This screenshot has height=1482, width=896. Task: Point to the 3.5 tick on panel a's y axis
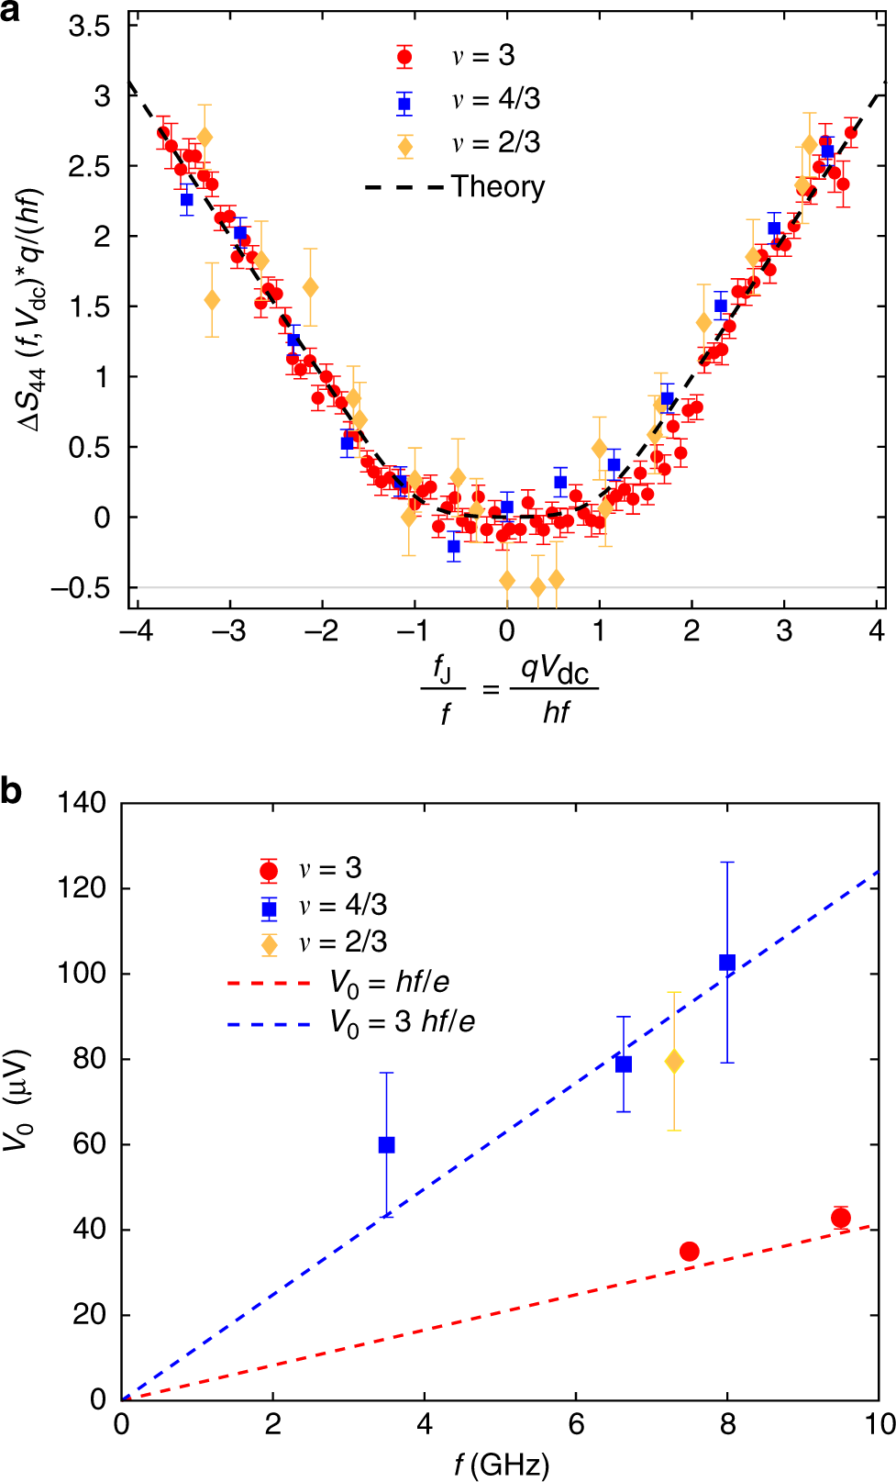(89, 26)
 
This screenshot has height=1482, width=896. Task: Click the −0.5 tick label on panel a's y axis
(80, 587)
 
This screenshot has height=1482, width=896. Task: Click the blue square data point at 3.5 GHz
(387, 1144)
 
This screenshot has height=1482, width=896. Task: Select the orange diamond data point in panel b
(674, 1062)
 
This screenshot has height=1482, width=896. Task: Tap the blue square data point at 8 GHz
(727, 963)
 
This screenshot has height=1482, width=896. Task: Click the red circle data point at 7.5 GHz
(690, 1251)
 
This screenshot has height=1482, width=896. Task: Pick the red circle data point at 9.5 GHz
(841, 1218)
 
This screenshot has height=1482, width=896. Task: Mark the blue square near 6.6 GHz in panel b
(624, 1064)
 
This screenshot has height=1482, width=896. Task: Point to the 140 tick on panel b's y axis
(82, 802)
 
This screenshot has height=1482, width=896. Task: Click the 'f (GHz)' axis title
(502, 1464)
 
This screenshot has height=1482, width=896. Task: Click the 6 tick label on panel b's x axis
(576, 1423)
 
